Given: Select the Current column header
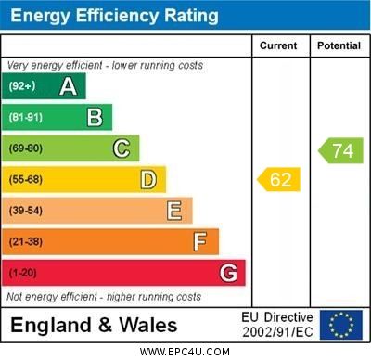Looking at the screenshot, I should click(278, 45).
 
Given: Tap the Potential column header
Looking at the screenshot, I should click(339, 45).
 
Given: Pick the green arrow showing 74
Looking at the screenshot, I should click(341, 150).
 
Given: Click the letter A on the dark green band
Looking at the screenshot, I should click(68, 86).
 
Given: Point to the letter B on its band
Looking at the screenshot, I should click(95, 117).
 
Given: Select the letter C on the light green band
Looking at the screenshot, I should click(122, 148).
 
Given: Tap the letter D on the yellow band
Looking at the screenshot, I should click(148, 179).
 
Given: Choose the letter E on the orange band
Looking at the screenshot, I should click(174, 211).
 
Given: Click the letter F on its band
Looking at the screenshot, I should click(200, 242).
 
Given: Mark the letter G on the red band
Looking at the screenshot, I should click(228, 273).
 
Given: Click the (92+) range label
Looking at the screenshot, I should click(22, 86).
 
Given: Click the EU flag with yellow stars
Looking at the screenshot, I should click(341, 324).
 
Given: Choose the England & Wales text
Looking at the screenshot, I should click(94, 325).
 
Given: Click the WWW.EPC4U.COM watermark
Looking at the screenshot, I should click(185, 352).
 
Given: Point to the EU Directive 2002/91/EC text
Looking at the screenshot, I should click(277, 324).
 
